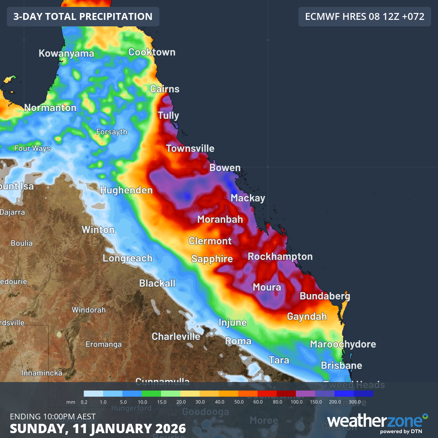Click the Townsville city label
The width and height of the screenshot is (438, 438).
pyautogui.click(x=190, y=148)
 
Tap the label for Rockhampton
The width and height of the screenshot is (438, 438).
pyautogui.click(x=280, y=257)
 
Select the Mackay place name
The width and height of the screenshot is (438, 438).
pyautogui.click(x=248, y=198)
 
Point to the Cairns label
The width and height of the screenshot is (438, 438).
pyautogui.click(x=165, y=89)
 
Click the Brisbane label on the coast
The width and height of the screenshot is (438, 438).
pyautogui.click(x=341, y=365)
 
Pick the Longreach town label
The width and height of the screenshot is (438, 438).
pyautogui.click(x=127, y=258)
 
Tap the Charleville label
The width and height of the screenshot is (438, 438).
pyautogui.click(x=176, y=336)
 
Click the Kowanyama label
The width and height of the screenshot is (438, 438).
pyautogui.click(x=67, y=54)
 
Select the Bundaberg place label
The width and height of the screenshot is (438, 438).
pyautogui.click(x=325, y=296)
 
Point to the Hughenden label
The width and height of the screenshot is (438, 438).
pyautogui.click(x=126, y=190)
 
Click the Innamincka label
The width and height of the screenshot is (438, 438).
pyautogui.click(x=42, y=373)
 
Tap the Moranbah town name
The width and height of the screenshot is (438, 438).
pyautogui.click(x=220, y=219)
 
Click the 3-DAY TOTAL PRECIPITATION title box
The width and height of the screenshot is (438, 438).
pyautogui.click(x=83, y=17)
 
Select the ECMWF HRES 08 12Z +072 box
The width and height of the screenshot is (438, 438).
pyautogui.click(x=365, y=17)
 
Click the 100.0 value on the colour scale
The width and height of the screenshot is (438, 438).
pyautogui.click(x=297, y=402)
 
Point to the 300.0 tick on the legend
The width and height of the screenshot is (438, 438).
pyautogui.click(x=355, y=402)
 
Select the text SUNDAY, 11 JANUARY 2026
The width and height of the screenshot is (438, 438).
pyautogui.click(x=98, y=428)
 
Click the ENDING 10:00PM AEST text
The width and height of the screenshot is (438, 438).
pyautogui.click(x=53, y=417)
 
